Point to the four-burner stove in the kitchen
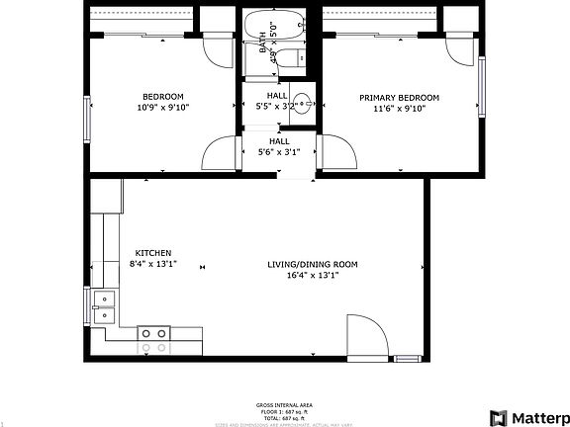tap(153, 340)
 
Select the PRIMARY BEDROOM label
tap(399, 98)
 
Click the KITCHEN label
tap(153, 253)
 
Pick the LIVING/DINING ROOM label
tap(312, 265)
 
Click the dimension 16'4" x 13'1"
tap(312, 276)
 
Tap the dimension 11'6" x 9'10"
tap(399, 109)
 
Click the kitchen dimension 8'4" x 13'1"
tap(153, 264)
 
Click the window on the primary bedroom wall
tap(482, 83)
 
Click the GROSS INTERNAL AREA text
tap(285, 405)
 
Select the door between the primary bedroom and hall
tap(336, 150)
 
